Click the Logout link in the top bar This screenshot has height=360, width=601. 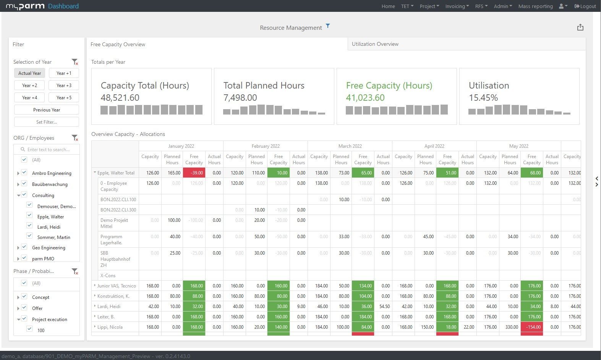[585, 6]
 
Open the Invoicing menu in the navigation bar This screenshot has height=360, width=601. [457, 6]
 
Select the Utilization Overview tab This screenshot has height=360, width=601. [375, 44]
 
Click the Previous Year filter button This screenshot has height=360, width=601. [47, 110]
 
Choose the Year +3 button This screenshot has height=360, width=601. [64, 85]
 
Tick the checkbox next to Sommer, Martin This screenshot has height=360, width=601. [29, 236]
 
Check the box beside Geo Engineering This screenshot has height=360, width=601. [24, 247]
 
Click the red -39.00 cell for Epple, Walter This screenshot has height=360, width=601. [194, 173]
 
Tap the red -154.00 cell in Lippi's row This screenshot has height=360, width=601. [531, 327]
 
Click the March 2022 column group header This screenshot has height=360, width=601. [350, 146]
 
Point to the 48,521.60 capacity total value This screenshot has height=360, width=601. [120, 98]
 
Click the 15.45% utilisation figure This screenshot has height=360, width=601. [483, 98]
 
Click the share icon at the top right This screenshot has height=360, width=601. [580, 27]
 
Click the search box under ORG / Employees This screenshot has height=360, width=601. [49, 149]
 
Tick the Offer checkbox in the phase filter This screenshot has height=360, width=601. [24, 307]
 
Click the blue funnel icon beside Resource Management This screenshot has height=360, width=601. [328, 26]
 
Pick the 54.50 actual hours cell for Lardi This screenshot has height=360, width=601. [383, 306]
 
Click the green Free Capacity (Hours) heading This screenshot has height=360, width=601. [389, 86]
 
